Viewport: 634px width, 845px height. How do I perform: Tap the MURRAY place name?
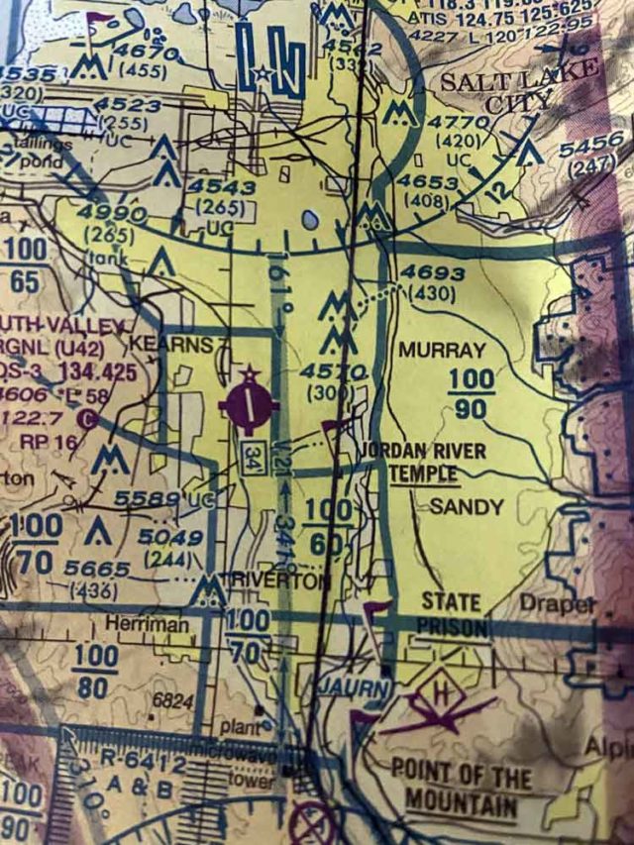click(442, 350)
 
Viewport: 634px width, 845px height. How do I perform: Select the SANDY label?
click(467, 506)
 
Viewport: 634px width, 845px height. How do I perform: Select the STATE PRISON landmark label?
click(452, 614)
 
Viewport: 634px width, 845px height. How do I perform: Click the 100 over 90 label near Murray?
click(470, 393)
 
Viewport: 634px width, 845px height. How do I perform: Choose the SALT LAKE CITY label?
click(520, 87)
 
